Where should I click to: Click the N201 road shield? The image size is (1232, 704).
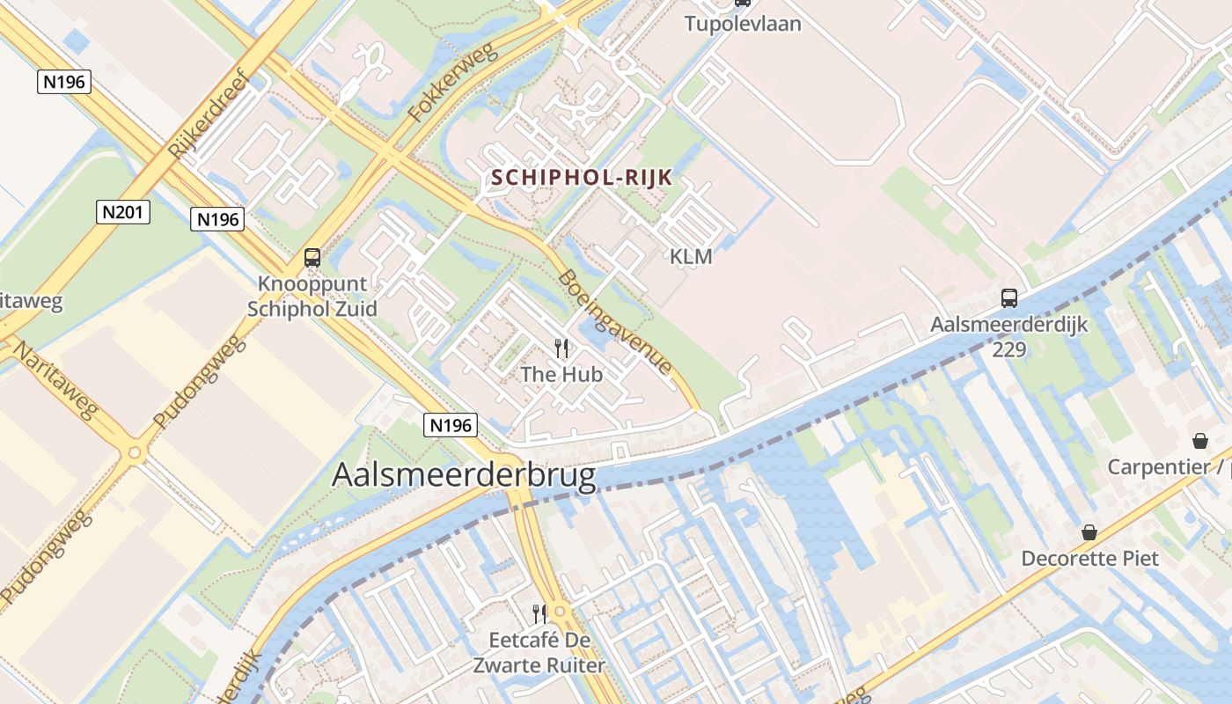(x=123, y=212)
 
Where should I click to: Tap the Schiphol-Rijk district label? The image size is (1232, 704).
(x=582, y=178)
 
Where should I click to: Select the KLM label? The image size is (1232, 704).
(x=691, y=257)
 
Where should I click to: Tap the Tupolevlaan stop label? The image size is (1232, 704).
(x=744, y=24)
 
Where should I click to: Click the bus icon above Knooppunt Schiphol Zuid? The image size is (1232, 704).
(x=312, y=258)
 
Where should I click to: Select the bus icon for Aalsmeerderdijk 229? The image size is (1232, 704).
(x=1009, y=298)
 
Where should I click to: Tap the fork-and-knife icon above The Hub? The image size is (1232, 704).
(x=561, y=348)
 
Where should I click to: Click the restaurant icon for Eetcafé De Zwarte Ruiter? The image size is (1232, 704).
(x=539, y=613)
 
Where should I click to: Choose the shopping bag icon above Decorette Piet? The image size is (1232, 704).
(x=1089, y=532)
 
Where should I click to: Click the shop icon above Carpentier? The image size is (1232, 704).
(x=1199, y=440)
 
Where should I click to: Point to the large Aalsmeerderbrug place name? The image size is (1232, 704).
(x=464, y=475)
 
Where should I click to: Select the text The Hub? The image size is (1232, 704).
(x=561, y=375)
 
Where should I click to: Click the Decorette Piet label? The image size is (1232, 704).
(x=1089, y=559)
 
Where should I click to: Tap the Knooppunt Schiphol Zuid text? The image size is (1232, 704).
(x=312, y=297)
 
